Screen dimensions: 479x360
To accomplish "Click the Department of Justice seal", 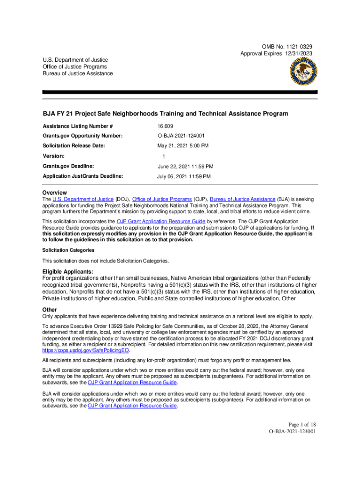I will pos(302,73).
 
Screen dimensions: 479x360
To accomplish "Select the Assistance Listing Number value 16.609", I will pos(165,126).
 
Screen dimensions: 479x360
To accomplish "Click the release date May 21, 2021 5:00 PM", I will pos(183,146).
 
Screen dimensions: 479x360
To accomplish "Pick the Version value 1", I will pos(164,157).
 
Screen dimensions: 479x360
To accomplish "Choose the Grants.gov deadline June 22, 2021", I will pos(185,167).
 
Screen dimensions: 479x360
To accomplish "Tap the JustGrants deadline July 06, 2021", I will pos(183,176).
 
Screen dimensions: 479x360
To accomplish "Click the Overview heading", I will pos(54,193).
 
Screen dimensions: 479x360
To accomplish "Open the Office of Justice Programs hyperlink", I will pos(161,199).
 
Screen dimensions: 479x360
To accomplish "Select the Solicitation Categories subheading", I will pos(68,250).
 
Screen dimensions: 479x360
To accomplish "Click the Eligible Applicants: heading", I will pos(68,272).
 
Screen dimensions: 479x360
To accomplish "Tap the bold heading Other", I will pos(50,310).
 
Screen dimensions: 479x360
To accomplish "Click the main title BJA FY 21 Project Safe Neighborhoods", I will pos(165,114).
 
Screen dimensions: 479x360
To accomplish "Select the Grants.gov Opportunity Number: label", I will pos(83,136).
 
